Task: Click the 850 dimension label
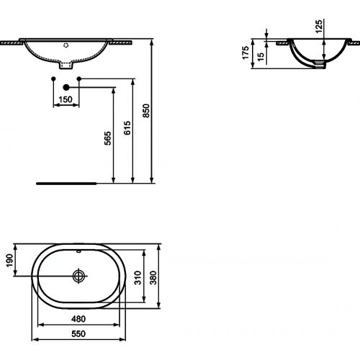tap(146, 111)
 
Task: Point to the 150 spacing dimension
tap(66, 99)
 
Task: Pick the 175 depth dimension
tap(246, 53)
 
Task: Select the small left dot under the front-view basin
tap(55, 77)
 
